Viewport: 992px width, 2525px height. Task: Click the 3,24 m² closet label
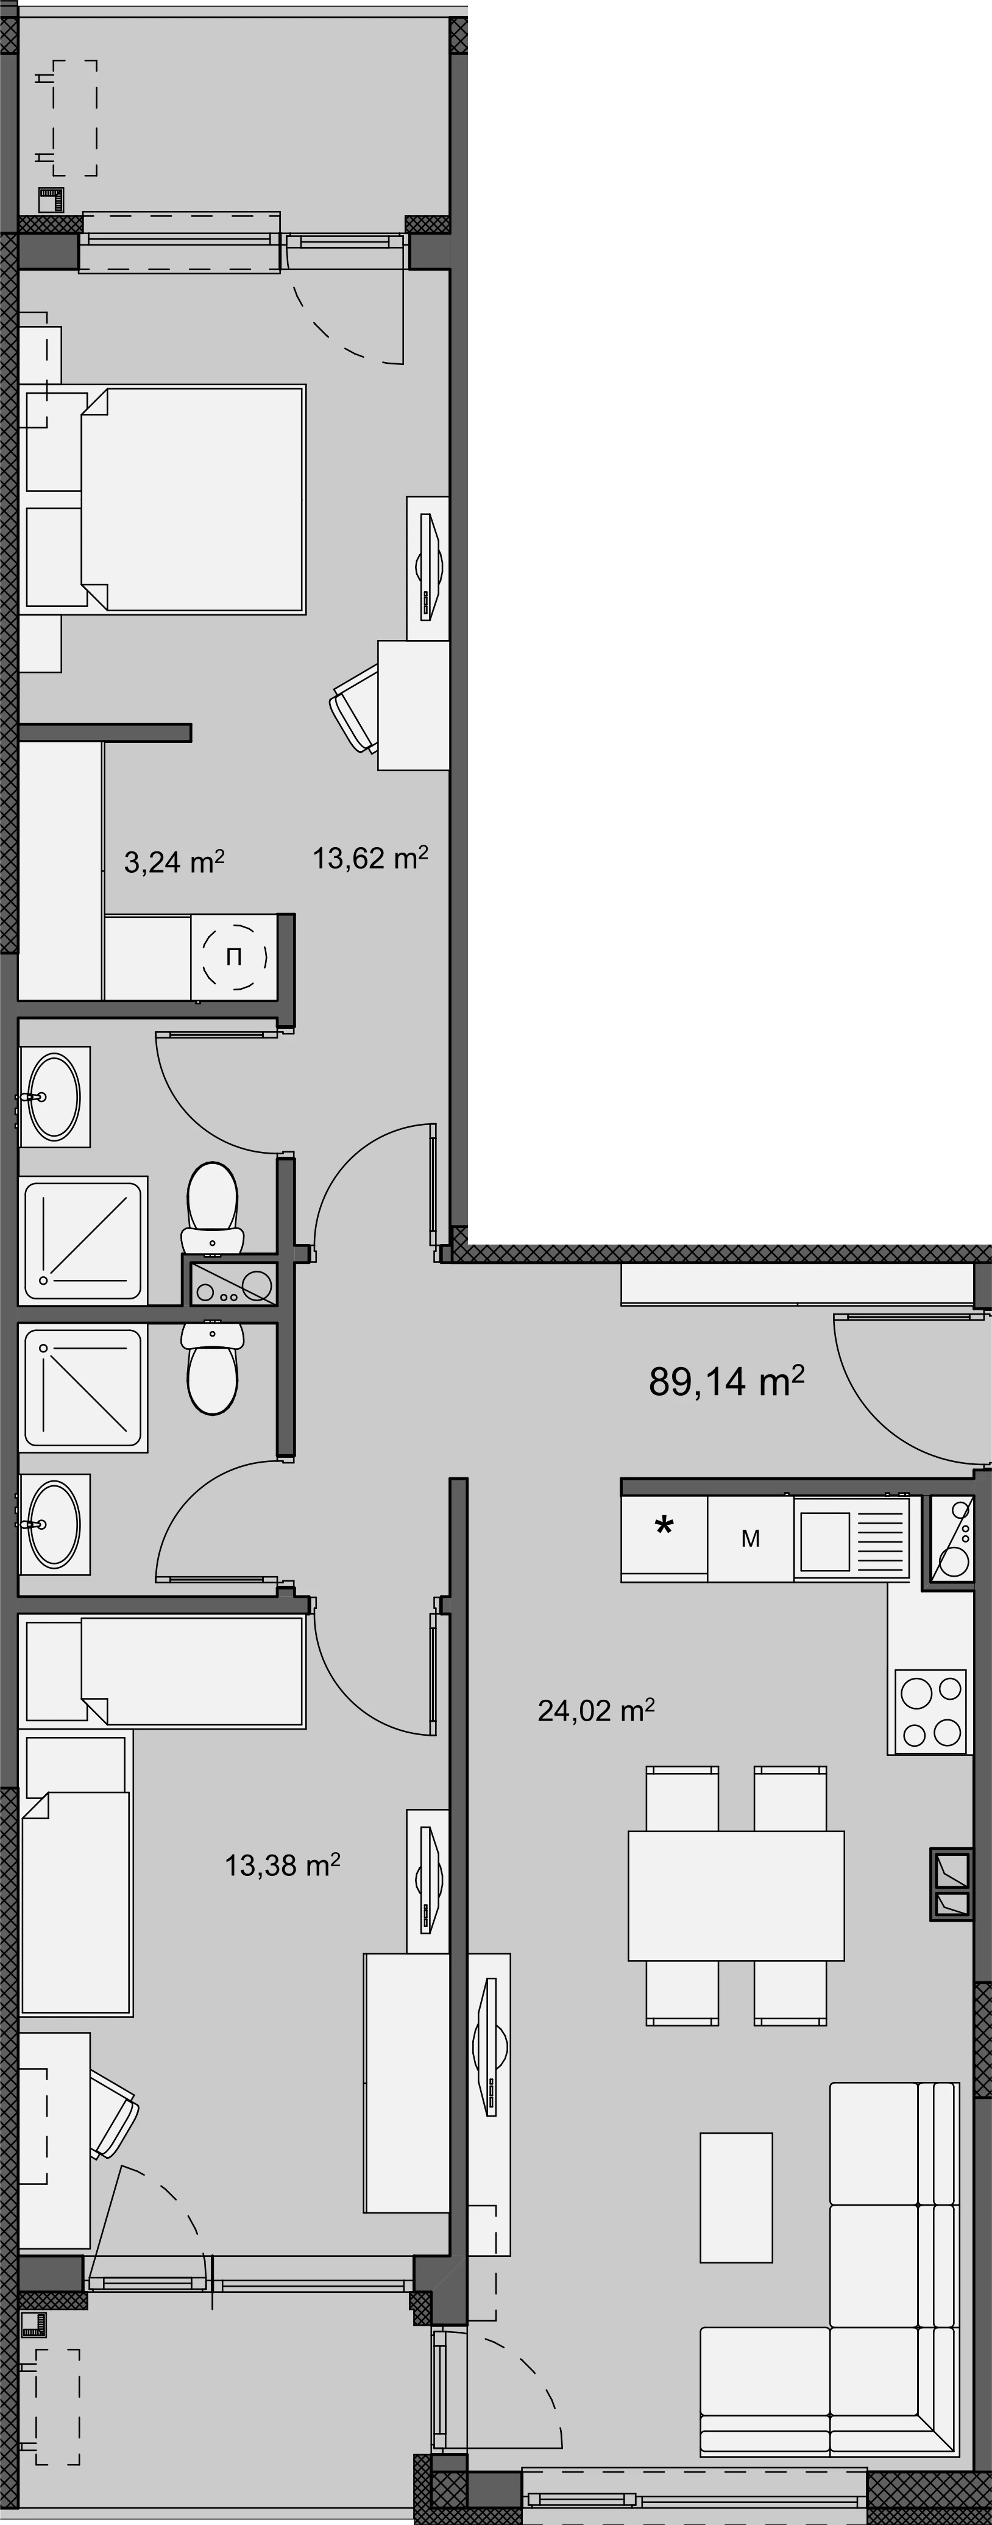pyautogui.click(x=174, y=862)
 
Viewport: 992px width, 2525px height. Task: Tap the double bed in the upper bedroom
pyautogui.click(x=193, y=499)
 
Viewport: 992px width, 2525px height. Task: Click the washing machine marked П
pyautogui.click(x=233, y=957)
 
